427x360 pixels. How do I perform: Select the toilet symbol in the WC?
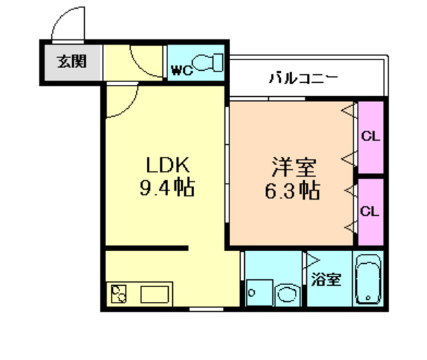coord(210,63)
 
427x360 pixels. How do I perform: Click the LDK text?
coord(167,164)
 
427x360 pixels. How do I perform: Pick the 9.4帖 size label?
coord(166,189)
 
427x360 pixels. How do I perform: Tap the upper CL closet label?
coord(370,136)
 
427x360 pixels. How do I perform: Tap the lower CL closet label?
coord(370,211)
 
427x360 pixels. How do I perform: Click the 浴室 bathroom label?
coord(326,279)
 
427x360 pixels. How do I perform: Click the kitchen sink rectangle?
coord(154,293)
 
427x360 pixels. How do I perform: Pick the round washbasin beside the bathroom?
coord(287,294)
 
